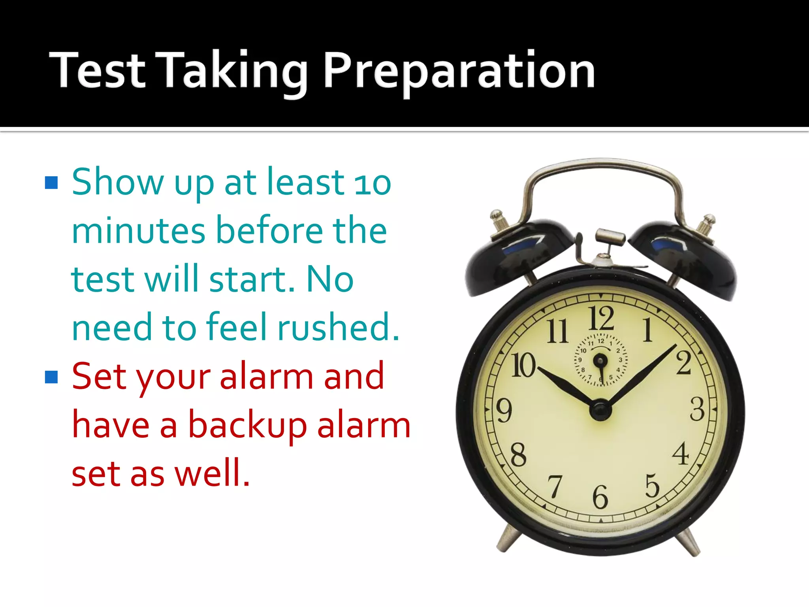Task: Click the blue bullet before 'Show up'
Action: coord(51,183)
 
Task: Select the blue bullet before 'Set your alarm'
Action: coord(51,377)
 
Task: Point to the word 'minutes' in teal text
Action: coord(138,231)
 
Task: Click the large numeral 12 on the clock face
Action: coord(601,318)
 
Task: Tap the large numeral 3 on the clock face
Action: coord(697,409)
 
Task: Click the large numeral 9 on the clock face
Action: coord(504,410)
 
